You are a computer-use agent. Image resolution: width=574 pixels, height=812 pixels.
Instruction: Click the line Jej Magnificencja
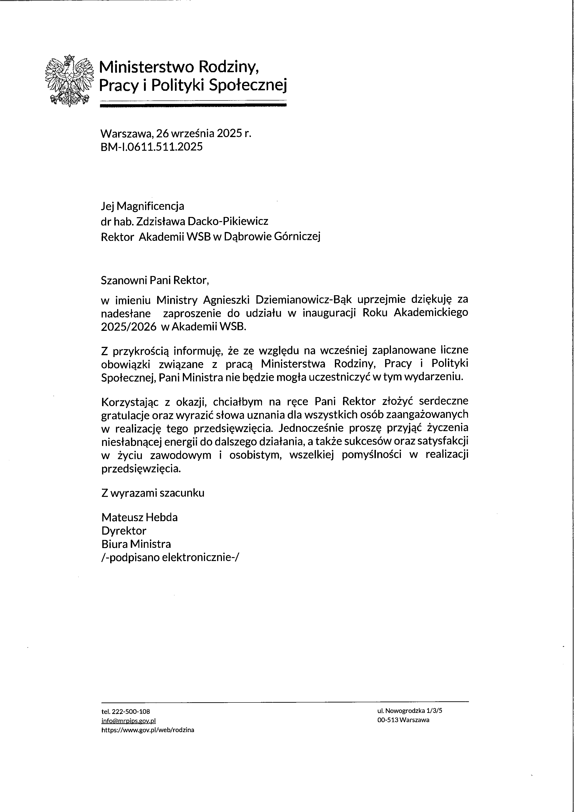pyautogui.click(x=142, y=206)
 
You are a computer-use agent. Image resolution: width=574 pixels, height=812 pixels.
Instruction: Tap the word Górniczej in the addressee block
pyautogui.click(x=297, y=237)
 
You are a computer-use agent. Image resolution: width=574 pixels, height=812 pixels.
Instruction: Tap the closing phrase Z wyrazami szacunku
pyautogui.click(x=153, y=493)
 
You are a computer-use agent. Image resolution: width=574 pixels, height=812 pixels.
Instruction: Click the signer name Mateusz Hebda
pyautogui.click(x=139, y=517)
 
